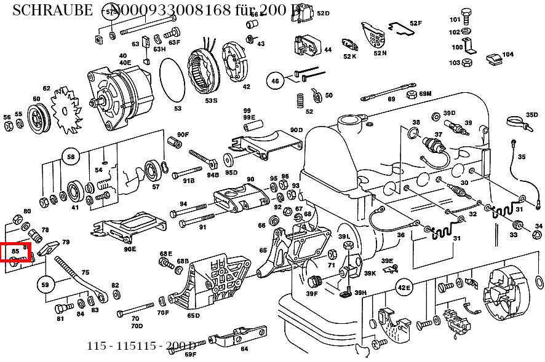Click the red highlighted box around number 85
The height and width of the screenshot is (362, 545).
pyautogui.click(x=15, y=251)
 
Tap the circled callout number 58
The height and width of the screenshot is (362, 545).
pyautogui.click(x=71, y=157)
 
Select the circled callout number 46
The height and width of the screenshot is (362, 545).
pyautogui.click(x=275, y=81)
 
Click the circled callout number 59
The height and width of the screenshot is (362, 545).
pyautogui.click(x=44, y=285)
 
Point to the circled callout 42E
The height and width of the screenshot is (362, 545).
pyautogui.click(x=404, y=287)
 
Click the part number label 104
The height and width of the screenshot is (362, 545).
pyautogui.click(x=507, y=55)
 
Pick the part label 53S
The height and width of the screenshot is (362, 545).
pyautogui.click(x=211, y=100)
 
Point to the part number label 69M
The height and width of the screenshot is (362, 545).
pyautogui.click(x=426, y=93)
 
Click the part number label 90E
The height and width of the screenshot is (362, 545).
pyautogui.click(x=129, y=249)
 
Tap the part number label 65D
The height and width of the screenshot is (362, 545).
pyautogui.click(x=193, y=315)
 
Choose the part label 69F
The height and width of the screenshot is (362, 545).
pyautogui.click(x=190, y=354)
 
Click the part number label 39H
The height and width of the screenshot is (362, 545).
pyautogui.click(x=360, y=293)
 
